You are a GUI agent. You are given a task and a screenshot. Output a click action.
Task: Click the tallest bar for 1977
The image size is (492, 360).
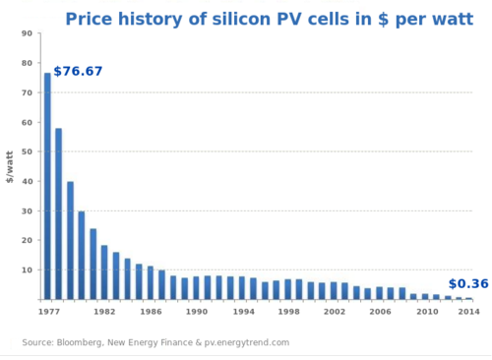[x=47, y=187]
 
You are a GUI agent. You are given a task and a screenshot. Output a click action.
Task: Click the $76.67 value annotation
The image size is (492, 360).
[x=78, y=72]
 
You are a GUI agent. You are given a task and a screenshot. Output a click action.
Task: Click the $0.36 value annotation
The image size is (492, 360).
[x=467, y=284]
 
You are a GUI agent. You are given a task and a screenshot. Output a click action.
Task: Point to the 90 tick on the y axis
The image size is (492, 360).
[x=28, y=33]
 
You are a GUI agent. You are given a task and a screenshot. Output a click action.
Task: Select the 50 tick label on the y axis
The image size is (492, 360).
[x=28, y=151]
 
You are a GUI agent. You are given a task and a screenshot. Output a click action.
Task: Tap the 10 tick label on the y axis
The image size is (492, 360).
[x=28, y=270]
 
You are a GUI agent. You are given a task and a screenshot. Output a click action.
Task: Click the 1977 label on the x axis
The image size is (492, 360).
[x=48, y=312]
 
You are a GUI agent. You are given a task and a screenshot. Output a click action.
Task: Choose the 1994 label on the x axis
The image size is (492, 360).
[x=243, y=312]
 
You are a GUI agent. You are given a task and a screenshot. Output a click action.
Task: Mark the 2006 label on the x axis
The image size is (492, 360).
[x=381, y=312]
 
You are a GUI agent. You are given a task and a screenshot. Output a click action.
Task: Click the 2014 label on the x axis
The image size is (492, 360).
[x=468, y=312]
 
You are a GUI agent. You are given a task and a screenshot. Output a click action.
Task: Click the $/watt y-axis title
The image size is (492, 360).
[x=11, y=166]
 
